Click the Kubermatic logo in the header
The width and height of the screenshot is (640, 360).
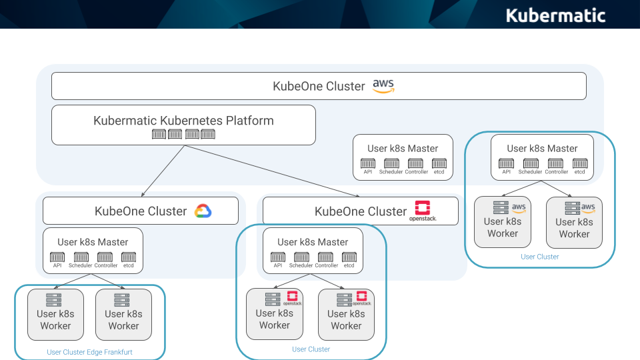coord(555,15)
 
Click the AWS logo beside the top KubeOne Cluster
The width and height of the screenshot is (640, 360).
coord(383,86)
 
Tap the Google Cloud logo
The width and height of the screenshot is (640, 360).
coord(203,211)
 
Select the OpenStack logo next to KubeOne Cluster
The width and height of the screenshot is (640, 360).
coord(423,210)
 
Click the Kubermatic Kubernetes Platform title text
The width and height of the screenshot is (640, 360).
coord(183,121)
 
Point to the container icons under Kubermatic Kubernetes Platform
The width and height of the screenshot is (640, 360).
coord(183,135)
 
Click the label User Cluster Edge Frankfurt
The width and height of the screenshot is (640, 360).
coord(89,352)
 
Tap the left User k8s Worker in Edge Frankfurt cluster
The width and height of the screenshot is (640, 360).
coord(55,313)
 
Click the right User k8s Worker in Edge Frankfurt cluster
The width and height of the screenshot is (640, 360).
coord(123,313)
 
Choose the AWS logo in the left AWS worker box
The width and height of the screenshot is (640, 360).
coord(519,207)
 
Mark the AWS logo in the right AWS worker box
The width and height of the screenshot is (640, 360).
coord(588,208)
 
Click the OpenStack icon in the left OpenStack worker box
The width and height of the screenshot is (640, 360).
coord(291,297)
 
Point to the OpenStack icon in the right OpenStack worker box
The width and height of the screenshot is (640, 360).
coord(361,298)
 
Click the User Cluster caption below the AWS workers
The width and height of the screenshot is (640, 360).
coord(540,257)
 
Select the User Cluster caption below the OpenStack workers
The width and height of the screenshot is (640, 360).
coord(311,349)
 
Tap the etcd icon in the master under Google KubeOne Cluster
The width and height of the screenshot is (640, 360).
coord(129,257)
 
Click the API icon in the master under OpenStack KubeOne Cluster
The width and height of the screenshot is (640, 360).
coord(277,257)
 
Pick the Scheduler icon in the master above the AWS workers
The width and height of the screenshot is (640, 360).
coord(531,163)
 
